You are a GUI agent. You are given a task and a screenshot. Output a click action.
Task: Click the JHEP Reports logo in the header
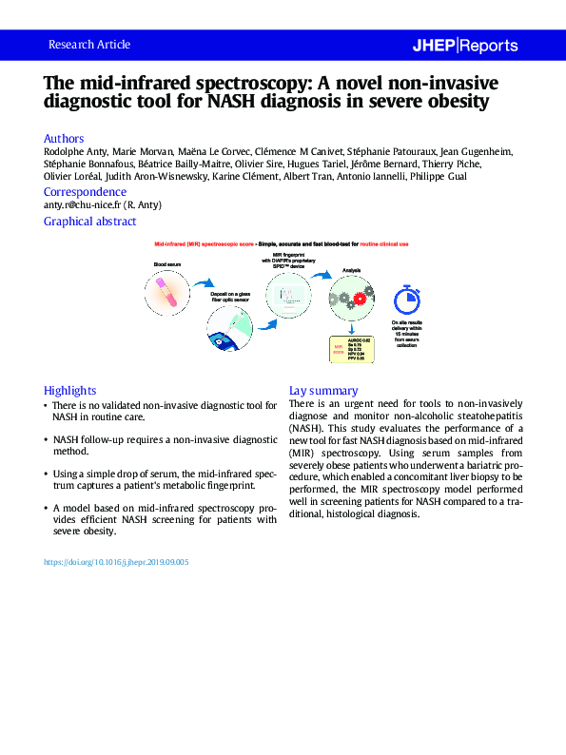464,45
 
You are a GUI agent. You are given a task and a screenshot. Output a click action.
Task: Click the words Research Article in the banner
88,45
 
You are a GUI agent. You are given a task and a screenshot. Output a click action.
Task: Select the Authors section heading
64,138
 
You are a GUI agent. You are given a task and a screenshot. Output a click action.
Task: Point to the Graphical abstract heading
89,222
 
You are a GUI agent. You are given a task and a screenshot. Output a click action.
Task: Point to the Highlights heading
69,390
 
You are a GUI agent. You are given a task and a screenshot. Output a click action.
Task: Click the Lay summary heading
322,390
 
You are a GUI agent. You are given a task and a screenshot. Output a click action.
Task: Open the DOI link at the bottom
116,562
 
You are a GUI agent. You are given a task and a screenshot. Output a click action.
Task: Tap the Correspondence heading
85,192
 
